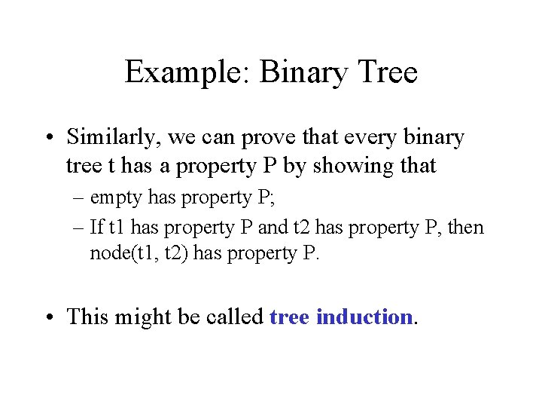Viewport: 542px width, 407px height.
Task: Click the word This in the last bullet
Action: click(x=87, y=317)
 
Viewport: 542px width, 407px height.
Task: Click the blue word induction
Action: click(x=364, y=317)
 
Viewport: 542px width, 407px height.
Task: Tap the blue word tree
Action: click(x=289, y=317)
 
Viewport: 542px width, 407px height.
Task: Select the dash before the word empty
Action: click(x=79, y=198)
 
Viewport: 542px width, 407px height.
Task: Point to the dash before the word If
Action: click(x=79, y=226)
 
